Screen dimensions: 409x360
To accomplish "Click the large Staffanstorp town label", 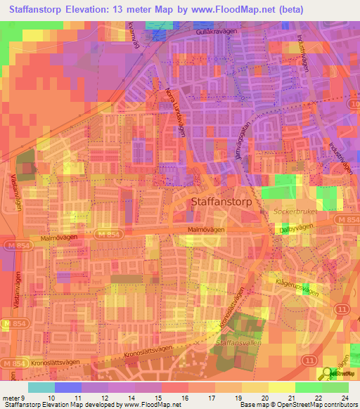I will pos(223,201).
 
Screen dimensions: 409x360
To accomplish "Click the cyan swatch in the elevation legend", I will pos(41,387).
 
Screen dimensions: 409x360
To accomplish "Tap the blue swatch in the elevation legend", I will pos(68,387).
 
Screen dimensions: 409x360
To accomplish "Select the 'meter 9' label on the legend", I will pos(14,397).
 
